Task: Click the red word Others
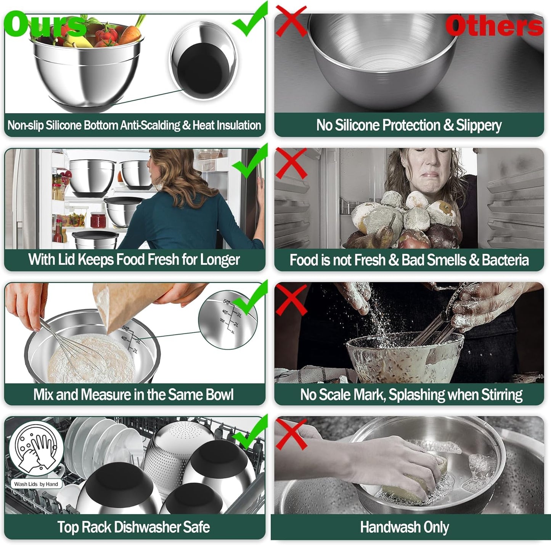[x=494, y=26]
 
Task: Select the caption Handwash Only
[x=404, y=527]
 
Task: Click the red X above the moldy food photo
[x=291, y=163]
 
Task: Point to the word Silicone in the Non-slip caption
[x=63, y=125]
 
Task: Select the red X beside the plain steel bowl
[x=291, y=21]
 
